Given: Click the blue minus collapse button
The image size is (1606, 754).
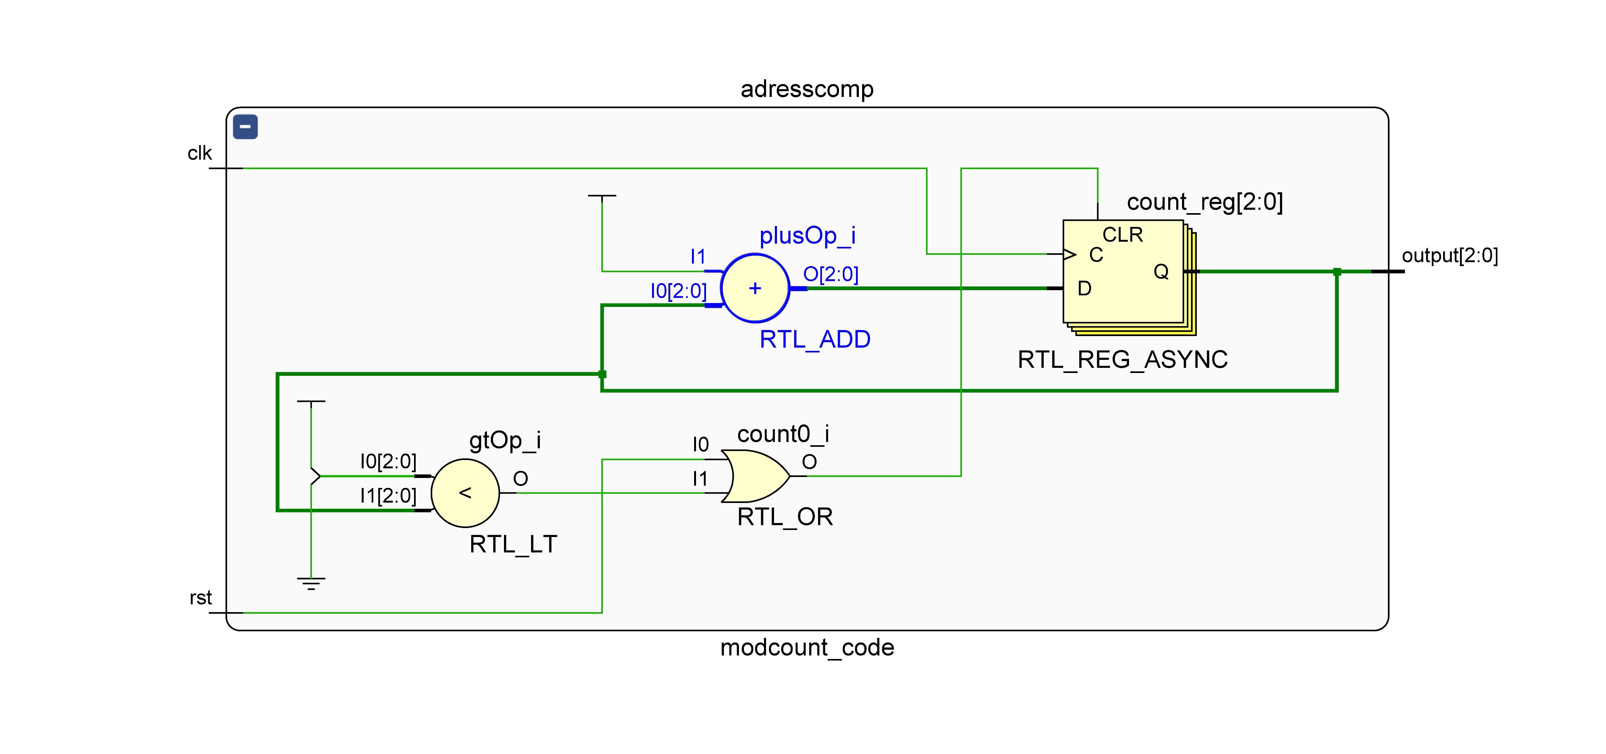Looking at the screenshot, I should coord(245,127).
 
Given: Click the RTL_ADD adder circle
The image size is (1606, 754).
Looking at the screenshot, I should coord(755,288).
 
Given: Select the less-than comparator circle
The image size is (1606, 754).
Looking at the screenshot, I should coord(465,493).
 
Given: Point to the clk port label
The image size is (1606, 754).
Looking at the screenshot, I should coord(199,153).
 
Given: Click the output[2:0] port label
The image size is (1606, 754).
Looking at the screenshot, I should coord(1450,256).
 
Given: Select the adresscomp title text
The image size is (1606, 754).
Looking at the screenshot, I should coord(807,89).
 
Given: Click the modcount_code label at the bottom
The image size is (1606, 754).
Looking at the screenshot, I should coord(807,647).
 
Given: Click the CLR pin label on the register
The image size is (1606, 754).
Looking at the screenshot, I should coord(1122,235).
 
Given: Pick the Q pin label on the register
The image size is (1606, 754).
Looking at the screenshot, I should coord(1161,272).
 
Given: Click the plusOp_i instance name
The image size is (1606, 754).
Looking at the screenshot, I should coord(807,236).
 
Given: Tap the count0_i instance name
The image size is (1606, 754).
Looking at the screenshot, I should coord(783,434).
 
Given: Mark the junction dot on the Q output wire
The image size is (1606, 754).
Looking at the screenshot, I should coord(1337,272).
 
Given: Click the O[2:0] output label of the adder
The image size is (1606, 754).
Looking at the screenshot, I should coord(830,274).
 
